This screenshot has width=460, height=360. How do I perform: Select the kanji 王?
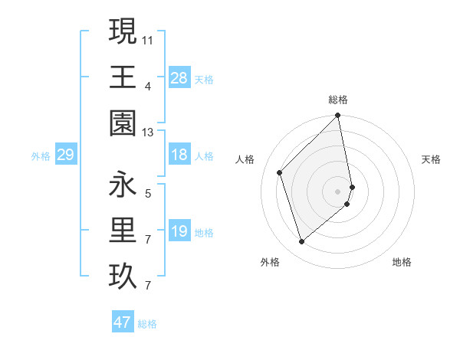click(x=123, y=77)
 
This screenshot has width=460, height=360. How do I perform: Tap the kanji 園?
click(x=123, y=123)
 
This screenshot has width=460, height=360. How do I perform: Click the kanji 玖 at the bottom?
click(x=123, y=277)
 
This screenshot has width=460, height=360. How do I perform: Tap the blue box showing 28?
click(x=179, y=77)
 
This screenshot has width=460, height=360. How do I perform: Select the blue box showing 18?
click(x=179, y=155)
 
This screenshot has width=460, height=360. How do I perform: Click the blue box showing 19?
click(x=179, y=231)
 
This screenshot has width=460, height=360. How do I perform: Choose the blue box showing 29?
click(x=65, y=155)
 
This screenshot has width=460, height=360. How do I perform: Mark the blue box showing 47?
click(x=123, y=322)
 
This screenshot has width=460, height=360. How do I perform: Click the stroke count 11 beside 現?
click(x=147, y=38)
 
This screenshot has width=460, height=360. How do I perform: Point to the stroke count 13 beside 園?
click(x=147, y=133)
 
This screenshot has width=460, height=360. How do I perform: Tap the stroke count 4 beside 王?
click(x=147, y=86)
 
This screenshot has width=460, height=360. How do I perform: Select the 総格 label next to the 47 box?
click(x=147, y=324)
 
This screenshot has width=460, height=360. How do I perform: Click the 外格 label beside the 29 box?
click(x=41, y=156)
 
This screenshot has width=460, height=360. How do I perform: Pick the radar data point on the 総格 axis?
click(x=337, y=116)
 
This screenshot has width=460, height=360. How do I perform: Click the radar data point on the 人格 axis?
click(x=280, y=172)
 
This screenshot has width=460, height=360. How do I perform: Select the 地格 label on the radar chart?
click(x=402, y=263)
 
